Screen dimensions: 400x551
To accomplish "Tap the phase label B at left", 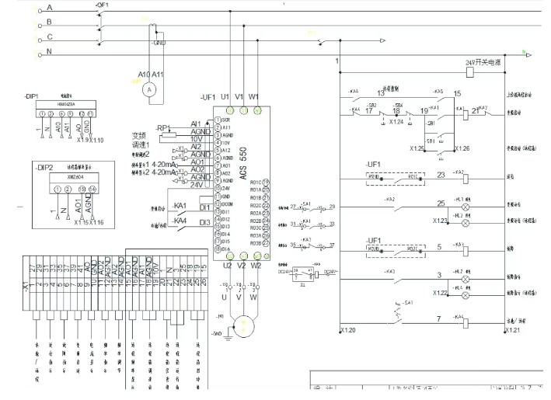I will [x=51, y=22].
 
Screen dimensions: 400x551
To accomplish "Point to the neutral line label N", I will [x=51, y=53].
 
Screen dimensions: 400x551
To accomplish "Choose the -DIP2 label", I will [x=44, y=167].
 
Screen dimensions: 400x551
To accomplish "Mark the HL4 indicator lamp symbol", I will [x=466, y=294].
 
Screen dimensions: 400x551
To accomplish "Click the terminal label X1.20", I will [x=348, y=331].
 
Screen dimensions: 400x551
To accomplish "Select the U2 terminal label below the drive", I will [x=227, y=265].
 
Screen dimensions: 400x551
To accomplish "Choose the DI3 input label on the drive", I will [x=204, y=222].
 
